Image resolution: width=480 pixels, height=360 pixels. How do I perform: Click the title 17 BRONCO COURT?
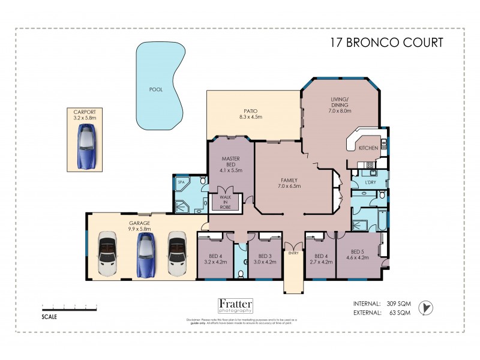coord(388,43)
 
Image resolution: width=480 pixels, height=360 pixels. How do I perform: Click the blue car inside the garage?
coord(146,254)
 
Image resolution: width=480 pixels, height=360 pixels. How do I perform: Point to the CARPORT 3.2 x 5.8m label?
coord(85,115)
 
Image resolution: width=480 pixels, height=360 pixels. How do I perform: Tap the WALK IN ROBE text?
coord(225,202)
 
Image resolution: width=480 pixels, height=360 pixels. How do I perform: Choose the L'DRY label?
coord(370,182)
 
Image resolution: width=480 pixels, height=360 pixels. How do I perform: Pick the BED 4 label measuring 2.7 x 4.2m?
coord(319,258)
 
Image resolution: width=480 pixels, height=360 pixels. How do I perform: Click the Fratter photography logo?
coord(235,305)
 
